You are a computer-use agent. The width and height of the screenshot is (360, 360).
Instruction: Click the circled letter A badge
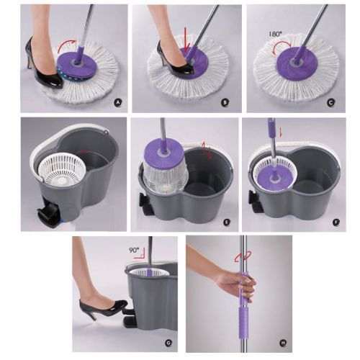coord(118,103)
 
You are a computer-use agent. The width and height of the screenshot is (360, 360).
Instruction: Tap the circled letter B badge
coord(225,102)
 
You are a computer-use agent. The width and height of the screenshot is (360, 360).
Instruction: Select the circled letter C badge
coord(331,103)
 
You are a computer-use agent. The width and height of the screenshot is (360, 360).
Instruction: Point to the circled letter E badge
coord(226,222)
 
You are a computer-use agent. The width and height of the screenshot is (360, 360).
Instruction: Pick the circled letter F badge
coord(336,222)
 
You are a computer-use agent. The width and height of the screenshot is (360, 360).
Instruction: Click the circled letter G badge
coord(168,343)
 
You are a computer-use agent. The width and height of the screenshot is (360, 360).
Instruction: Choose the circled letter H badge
coord(283,343)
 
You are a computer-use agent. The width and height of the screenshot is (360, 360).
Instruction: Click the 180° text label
coord(274,34)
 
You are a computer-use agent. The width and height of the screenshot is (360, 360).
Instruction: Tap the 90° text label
coord(134,251)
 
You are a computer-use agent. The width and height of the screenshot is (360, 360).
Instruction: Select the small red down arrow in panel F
coord(281,132)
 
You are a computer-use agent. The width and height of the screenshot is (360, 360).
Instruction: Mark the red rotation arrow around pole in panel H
coord(243,256)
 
